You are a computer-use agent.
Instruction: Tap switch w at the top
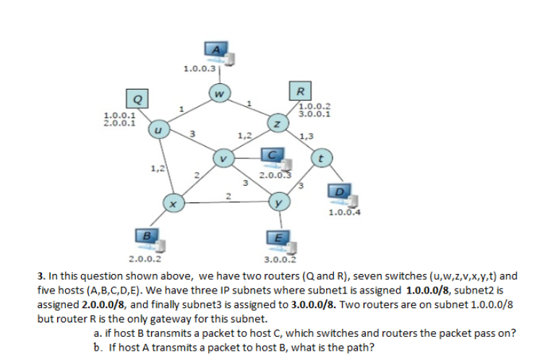220,93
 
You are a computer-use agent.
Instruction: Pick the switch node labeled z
276,124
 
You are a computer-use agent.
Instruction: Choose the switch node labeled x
172,205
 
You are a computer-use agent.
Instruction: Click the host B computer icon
148,237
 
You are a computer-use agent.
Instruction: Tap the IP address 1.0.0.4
343,213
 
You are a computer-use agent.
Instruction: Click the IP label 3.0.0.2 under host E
282,258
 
